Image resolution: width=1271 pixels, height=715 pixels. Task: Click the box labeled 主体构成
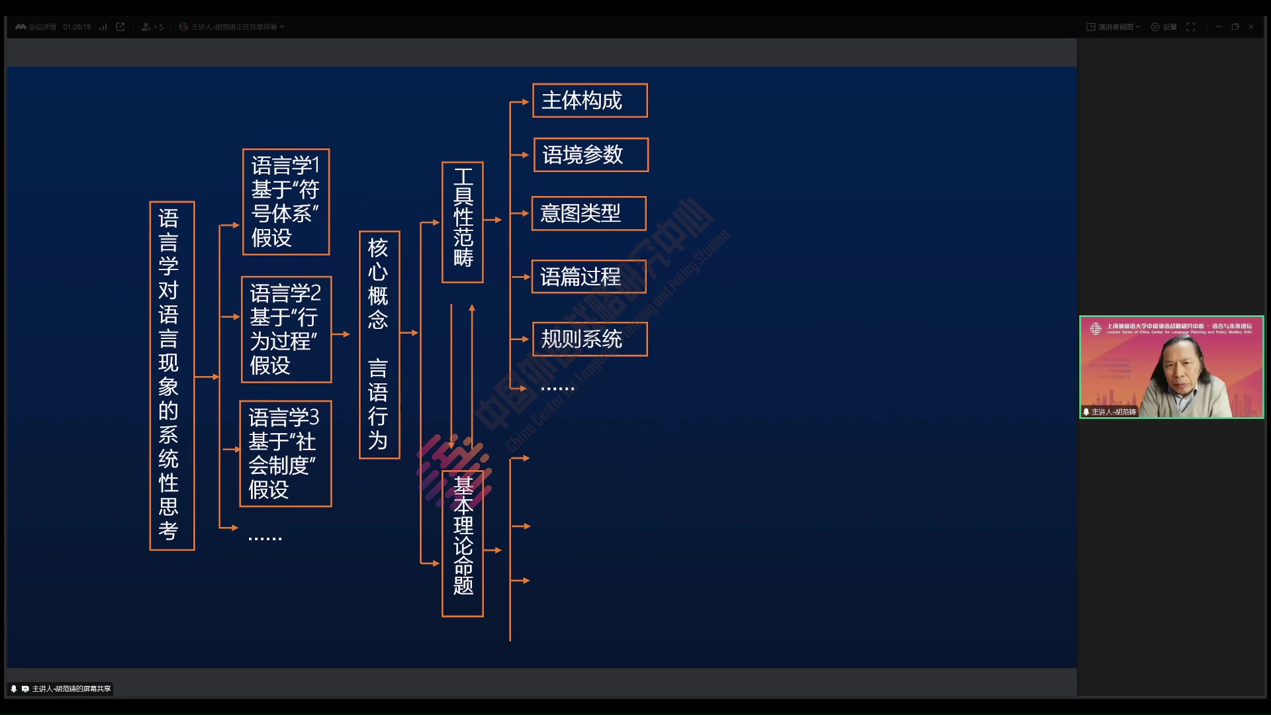tap(590, 101)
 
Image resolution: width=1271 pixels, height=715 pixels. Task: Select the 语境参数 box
tap(590, 155)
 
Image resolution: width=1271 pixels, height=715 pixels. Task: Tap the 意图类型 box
tap(588, 213)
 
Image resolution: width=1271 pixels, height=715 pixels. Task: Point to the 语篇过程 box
tap(588, 276)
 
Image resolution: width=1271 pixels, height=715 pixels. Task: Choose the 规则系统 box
tap(590, 339)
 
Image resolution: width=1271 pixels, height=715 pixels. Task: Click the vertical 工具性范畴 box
tap(463, 222)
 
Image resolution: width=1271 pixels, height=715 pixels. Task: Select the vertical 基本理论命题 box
tap(463, 543)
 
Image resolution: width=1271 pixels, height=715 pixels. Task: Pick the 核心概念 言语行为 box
tap(379, 344)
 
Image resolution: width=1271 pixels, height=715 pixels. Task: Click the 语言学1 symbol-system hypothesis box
tap(286, 202)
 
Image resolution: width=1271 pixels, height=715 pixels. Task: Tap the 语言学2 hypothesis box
tap(286, 329)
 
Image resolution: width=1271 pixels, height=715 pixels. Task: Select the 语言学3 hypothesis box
tap(285, 453)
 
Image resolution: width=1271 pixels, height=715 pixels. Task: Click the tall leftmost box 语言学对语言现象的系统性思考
tap(171, 375)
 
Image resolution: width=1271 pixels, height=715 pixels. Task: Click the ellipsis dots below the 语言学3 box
tap(265, 538)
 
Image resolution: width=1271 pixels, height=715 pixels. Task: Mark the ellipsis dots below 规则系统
tap(557, 389)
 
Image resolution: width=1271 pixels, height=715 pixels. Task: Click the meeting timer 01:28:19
tap(77, 27)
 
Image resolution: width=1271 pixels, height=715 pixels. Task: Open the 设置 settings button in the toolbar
tap(1164, 27)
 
